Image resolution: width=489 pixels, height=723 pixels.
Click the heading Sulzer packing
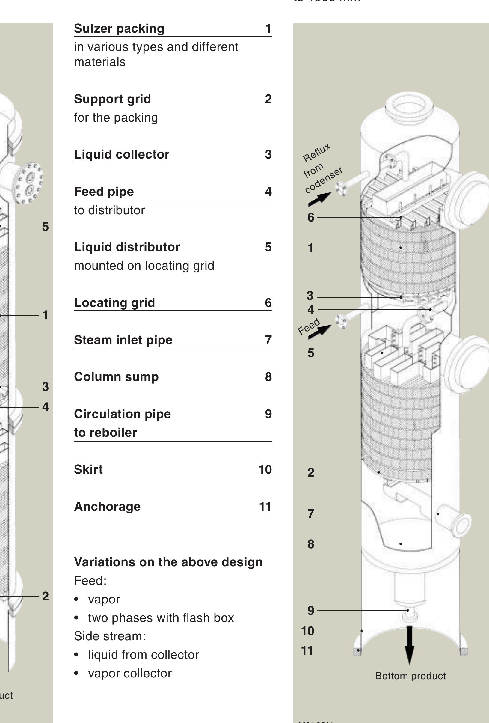point(119,28)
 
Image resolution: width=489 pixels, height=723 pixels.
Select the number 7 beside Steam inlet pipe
point(268,340)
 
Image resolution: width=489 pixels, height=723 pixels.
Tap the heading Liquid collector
point(122,154)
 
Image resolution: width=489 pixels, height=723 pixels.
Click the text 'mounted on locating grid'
point(144,266)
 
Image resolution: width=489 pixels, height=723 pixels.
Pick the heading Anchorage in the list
point(107,507)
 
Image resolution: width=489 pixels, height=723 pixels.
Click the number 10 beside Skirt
point(265,469)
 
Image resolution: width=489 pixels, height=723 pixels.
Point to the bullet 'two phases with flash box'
point(161,618)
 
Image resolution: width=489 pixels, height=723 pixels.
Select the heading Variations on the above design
point(168,562)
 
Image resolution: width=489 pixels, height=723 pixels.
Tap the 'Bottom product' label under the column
point(410,676)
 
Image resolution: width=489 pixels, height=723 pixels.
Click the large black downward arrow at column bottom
point(409,644)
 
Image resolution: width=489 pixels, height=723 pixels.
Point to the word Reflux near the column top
point(316,153)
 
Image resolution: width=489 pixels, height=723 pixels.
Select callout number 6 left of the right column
point(310,217)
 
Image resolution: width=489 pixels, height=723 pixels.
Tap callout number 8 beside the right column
point(310,544)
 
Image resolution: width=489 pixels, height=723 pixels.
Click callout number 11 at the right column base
point(307,650)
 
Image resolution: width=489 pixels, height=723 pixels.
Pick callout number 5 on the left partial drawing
point(46,227)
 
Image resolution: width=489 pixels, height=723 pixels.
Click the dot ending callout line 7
point(438,514)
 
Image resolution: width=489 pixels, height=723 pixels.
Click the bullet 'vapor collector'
point(129,673)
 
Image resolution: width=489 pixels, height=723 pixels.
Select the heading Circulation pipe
point(122,414)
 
